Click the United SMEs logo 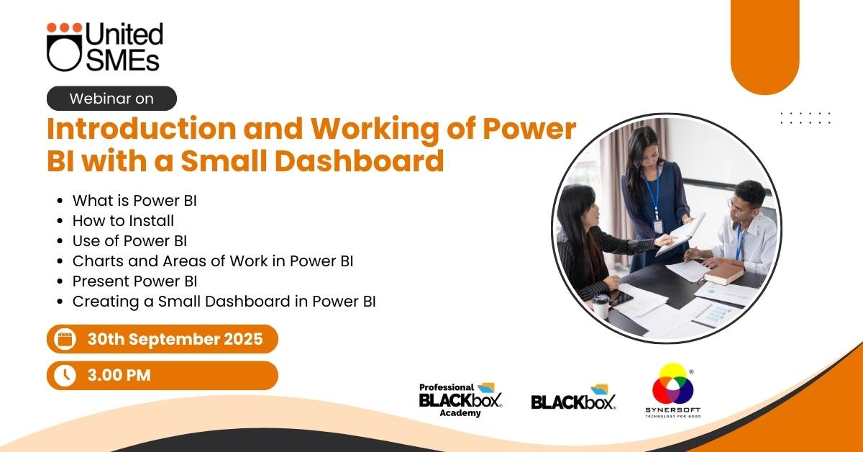pos(105,47)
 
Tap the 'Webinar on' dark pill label pos(111,99)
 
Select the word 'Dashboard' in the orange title pos(359,160)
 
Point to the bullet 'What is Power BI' pos(134,201)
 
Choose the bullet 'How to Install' pos(123,220)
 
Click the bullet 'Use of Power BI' pos(130,241)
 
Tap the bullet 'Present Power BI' pos(135,281)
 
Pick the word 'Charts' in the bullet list pos(98,261)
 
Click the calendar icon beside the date pos(65,339)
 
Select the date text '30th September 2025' pos(175,339)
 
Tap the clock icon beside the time pos(65,375)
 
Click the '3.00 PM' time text pos(119,375)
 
